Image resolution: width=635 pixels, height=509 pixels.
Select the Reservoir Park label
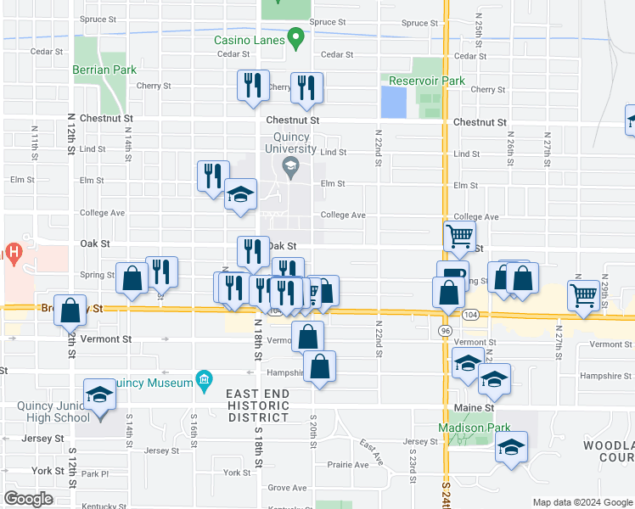tap(427, 81)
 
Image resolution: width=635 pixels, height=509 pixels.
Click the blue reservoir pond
tap(393, 103)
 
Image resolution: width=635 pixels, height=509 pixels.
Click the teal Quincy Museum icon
tap(204, 382)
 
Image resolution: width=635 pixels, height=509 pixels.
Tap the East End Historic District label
tap(258, 406)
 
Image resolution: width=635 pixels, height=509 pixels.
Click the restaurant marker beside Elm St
tap(213, 176)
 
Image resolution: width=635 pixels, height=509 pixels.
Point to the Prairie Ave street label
tap(348, 465)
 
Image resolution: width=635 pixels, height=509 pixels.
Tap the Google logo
tap(28, 499)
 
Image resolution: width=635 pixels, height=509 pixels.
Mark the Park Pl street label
tap(96, 474)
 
